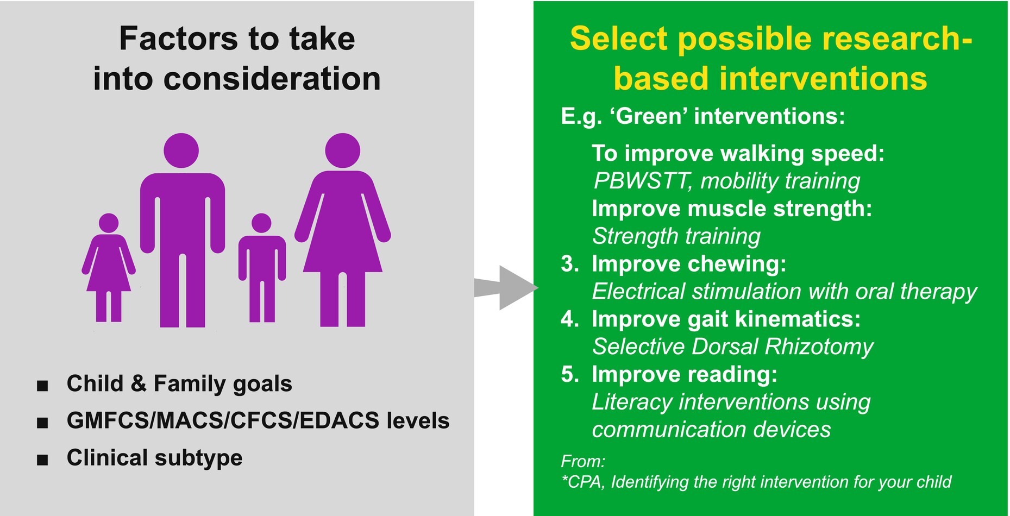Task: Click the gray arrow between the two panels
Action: point(505,288)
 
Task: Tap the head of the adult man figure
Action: point(181,150)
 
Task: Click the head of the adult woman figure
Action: point(342,150)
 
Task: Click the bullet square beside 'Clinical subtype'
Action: point(42,460)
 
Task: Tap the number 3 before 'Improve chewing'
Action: point(570,264)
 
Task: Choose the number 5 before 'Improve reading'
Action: point(570,374)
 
